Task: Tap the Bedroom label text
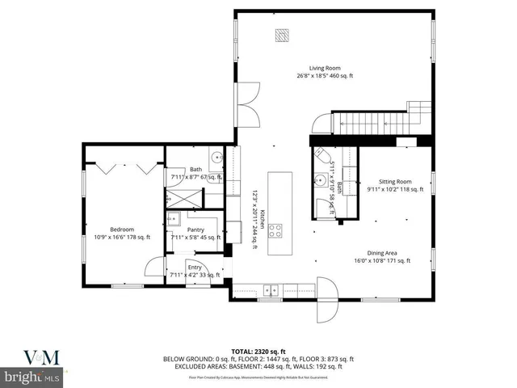122,230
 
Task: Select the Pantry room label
195,230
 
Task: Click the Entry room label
195,267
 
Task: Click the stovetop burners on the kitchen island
275,230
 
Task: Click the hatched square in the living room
281,36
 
